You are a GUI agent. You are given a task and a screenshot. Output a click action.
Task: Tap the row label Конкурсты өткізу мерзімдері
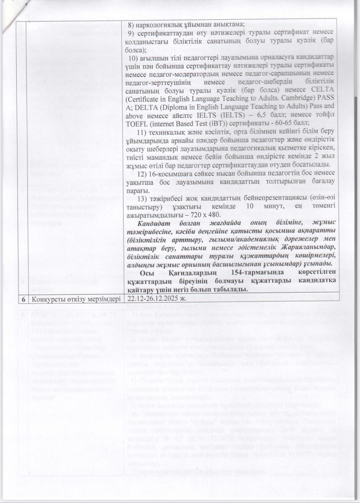pyautogui.click(x=74, y=299)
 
